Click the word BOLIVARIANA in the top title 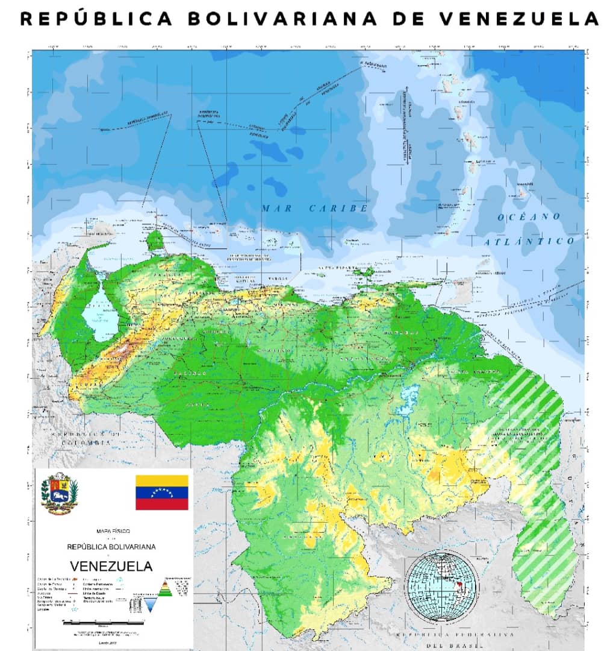[x=282, y=19]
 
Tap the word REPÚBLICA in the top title [x=96, y=19]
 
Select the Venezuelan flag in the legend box [x=161, y=492]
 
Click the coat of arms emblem [x=59, y=492]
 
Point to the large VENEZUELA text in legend [x=111, y=566]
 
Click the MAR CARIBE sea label [x=314, y=208]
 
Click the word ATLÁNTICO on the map [x=530, y=241]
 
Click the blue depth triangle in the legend [x=149, y=603]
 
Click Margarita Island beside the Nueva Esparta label [x=364, y=272]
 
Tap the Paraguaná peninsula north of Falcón [x=155, y=241]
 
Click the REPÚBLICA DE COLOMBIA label [x=81, y=437]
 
